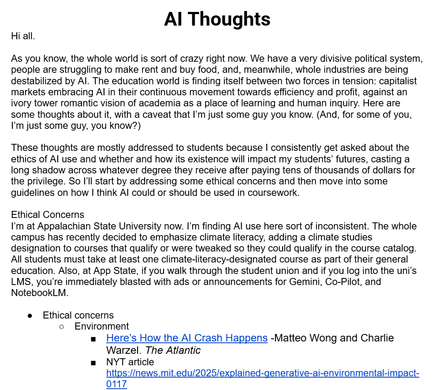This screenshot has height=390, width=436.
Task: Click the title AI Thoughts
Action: coord(217,19)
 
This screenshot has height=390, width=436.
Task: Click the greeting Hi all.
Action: coord(23,36)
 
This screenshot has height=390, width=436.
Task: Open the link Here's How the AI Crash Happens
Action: coord(187,338)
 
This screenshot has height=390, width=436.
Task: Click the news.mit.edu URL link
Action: coord(262,373)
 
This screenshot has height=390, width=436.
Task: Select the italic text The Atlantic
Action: coord(173,351)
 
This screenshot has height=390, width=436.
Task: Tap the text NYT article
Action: coord(130,362)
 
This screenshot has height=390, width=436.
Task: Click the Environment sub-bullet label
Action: coord(102,326)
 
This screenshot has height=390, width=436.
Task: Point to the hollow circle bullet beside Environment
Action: coord(62,326)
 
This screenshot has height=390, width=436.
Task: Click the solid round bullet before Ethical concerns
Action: coord(30,315)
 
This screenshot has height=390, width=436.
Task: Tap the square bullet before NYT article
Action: coord(93,363)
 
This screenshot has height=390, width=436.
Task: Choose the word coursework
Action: coord(271,193)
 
